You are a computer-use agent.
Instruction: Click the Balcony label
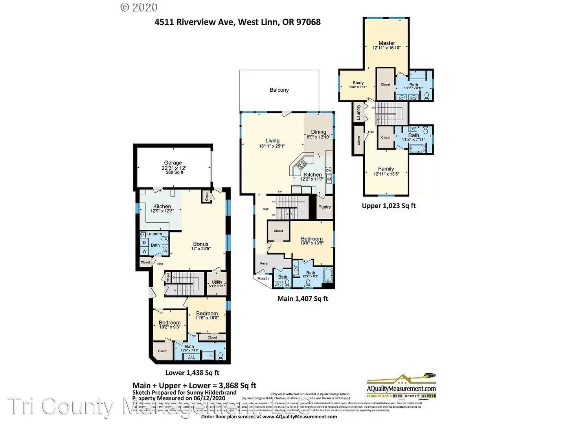[279, 90]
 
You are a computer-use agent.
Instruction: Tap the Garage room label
[173, 163]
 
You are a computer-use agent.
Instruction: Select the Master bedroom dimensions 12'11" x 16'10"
[386, 48]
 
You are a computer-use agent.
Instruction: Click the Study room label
[358, 83]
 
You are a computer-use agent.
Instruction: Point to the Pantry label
[324, 207]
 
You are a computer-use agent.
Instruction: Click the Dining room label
[318, 132]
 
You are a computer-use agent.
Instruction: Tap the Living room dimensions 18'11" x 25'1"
[272, 146]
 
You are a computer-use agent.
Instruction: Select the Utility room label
[217, 282]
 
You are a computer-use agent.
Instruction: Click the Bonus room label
[200, 244]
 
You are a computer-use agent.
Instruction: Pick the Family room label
[386, 168]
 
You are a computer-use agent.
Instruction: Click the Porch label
[263, 279]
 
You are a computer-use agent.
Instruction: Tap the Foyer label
[264, 264]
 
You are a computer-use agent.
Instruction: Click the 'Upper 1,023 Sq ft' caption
[388, 206]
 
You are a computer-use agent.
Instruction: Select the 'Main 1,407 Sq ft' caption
[302, 299]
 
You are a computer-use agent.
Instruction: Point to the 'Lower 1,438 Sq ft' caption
[192, 373]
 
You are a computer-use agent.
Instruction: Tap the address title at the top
[237, 22]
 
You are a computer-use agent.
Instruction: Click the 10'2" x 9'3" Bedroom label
[169, 323]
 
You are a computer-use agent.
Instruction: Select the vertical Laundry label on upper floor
[358, 112]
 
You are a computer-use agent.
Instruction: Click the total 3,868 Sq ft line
[194, 386]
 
